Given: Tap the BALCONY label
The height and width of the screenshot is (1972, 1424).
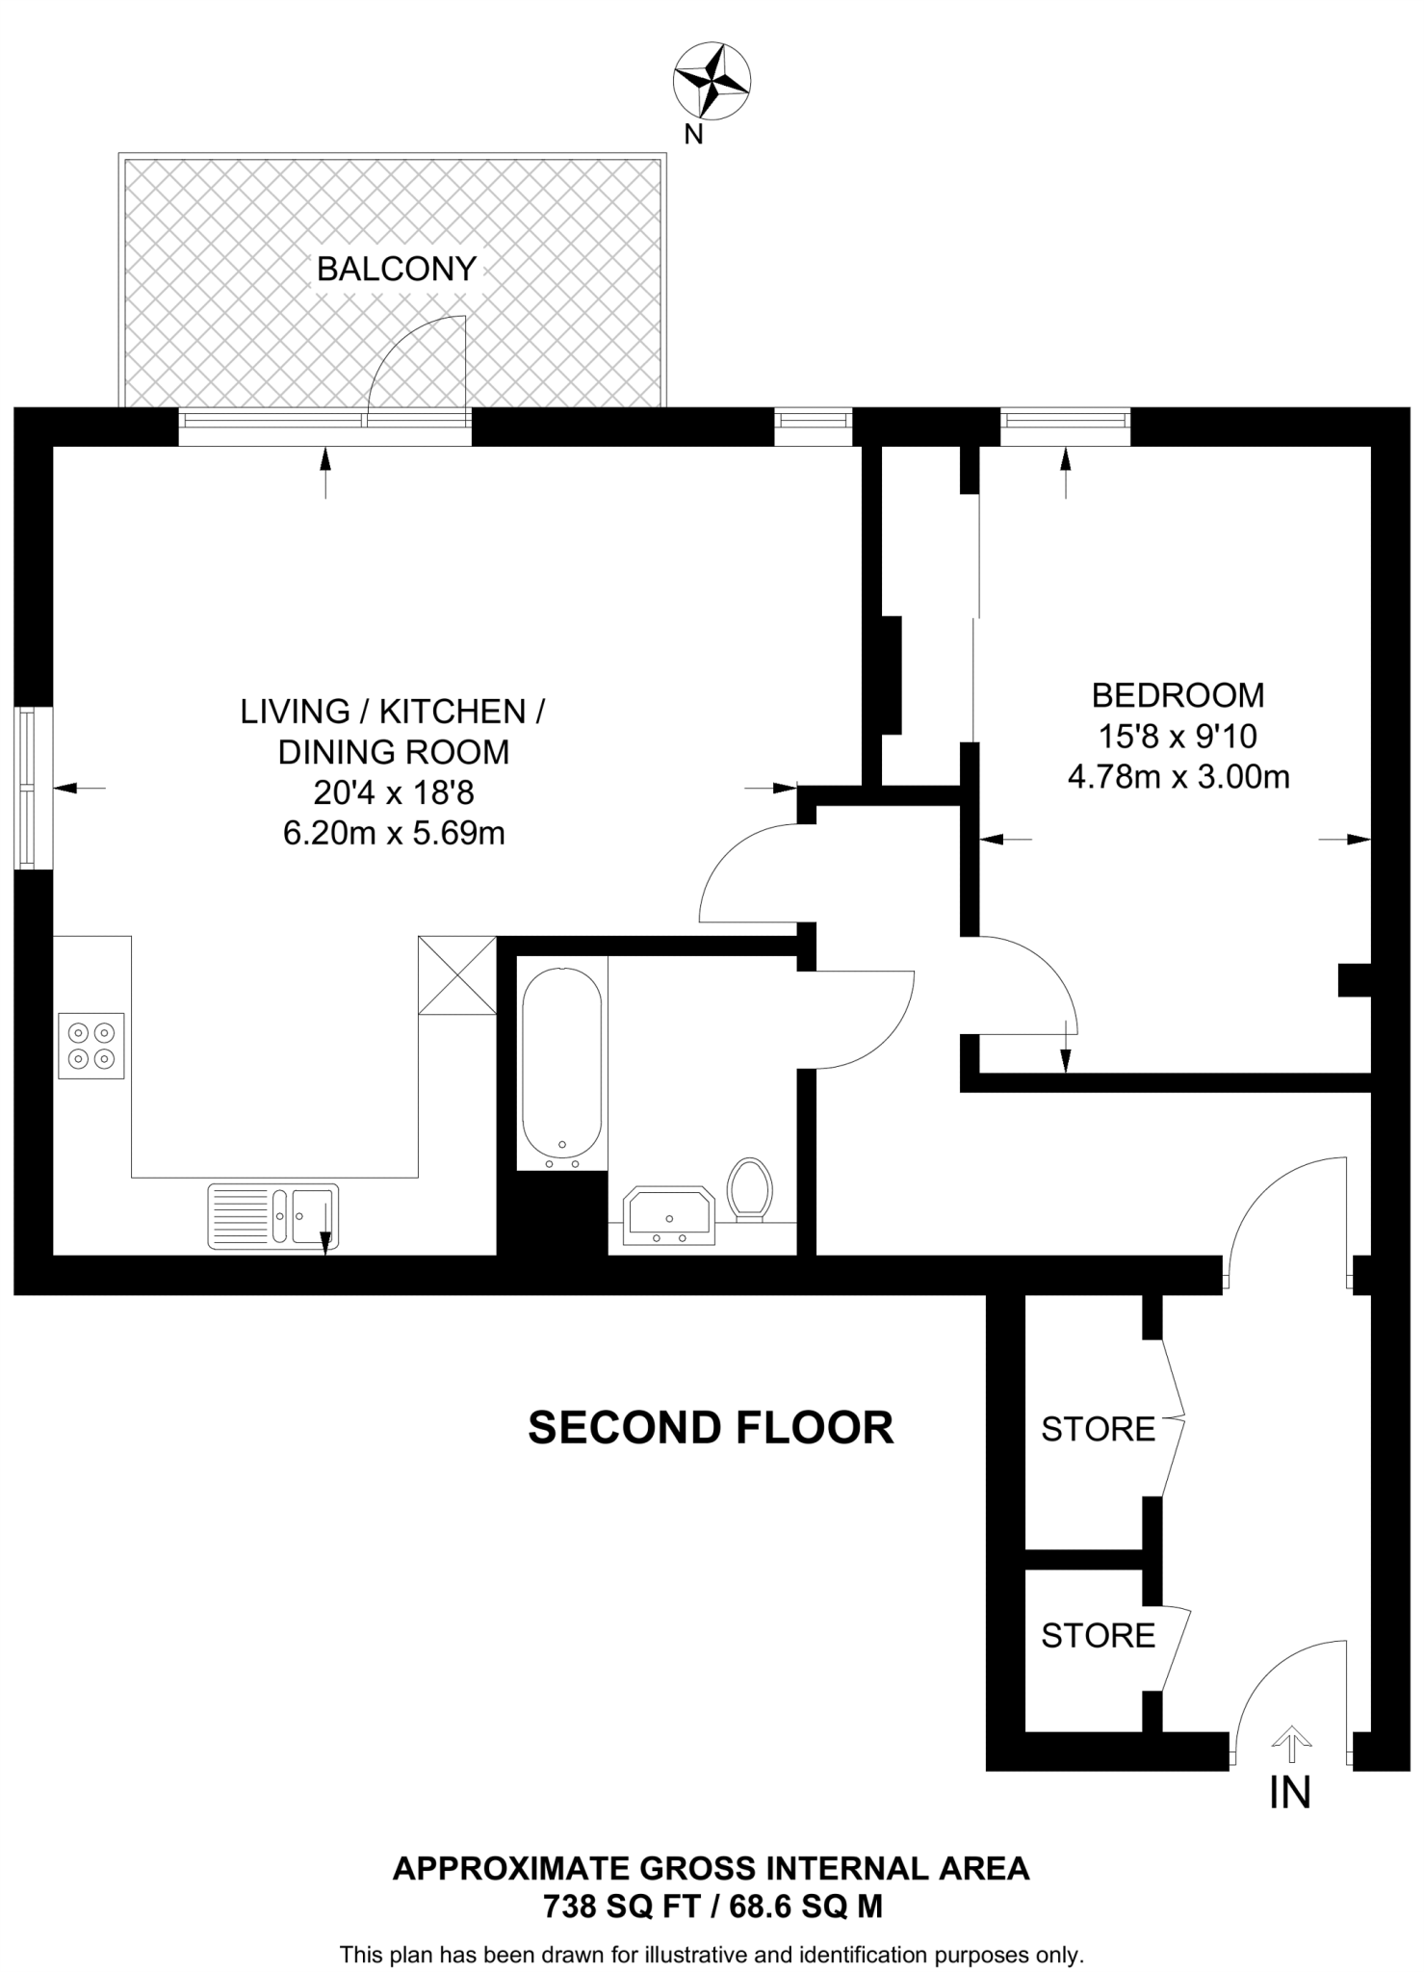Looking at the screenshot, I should point(397,270).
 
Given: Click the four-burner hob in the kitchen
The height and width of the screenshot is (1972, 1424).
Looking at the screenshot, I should point(91,1046).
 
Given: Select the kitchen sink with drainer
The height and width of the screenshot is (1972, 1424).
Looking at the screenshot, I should point(273,1216).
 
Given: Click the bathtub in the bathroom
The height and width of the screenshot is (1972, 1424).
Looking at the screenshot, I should point(561,1063).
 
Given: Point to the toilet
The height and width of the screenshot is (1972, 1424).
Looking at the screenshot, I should point(749,1188).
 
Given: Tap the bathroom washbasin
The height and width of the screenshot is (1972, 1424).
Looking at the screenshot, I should point(669,1216).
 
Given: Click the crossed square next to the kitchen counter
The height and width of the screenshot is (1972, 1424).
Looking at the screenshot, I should point(457,974).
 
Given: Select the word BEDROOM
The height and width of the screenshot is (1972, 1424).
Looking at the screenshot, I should point(1178,694).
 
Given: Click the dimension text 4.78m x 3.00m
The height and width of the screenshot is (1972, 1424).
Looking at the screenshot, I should point(1178,776).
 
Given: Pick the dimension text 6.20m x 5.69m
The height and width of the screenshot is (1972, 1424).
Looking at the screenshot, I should point(394,833).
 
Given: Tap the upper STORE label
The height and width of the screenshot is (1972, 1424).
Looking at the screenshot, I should point(1098,1430).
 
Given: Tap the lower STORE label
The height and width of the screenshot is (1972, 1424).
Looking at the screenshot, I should point(1098,1636).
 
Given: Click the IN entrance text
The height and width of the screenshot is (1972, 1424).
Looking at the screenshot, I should point(1290,1792).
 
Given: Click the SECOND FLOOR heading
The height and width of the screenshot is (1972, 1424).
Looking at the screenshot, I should point(711,1428).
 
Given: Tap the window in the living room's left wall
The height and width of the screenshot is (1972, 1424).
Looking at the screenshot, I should point(26,789).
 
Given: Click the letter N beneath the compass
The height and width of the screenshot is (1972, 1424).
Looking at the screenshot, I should point(693,136).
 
